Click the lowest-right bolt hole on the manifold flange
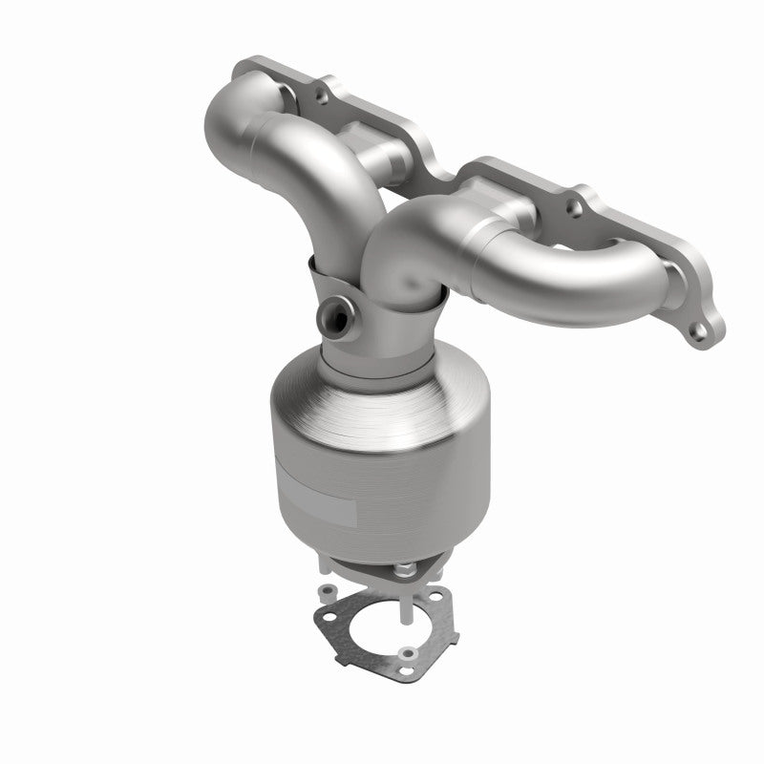click(702, 330)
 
